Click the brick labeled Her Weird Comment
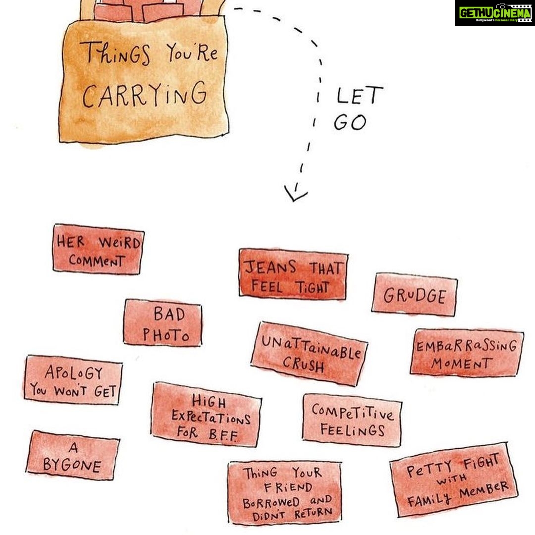coord(98,249)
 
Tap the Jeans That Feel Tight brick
coord(293,274)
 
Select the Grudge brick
coord(415,294)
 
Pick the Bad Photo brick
coord(163,323)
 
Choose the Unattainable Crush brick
coord(310,354)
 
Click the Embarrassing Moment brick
coord(467,353)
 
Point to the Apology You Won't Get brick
coord(73,380)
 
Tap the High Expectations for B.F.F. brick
coord(207,414)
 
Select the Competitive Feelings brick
coord(352,420)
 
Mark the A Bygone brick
coord(73,455)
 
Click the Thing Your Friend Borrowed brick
coord(285,493)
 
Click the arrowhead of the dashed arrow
coord(295,195)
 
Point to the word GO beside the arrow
coord(350,122)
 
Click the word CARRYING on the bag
coord(145,94)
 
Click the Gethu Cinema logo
coord(494,13)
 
